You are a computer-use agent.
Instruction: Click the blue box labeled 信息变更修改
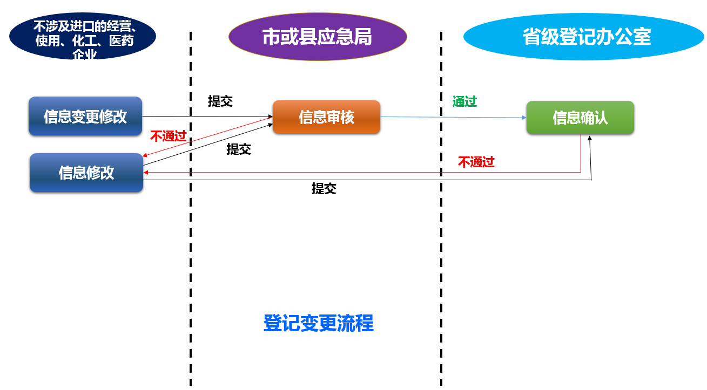(x=85, y=117)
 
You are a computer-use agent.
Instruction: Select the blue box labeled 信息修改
(x=86, y=173)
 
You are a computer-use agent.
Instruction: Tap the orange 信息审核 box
(x=326, y=117)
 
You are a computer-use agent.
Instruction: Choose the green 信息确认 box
(x=580, y=118)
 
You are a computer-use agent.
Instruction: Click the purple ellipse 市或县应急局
(x=318, y=37)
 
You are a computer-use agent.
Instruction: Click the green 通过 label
(x=464, y=101)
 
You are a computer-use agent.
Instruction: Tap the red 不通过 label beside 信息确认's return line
(x=476, y=162)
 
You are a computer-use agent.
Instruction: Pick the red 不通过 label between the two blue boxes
(x=168, y=136)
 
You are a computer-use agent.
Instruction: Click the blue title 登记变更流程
(x=318, y=323)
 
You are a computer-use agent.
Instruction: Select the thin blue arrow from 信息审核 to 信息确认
(x=454, y=117)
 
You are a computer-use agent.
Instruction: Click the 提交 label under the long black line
(x=324, y=189)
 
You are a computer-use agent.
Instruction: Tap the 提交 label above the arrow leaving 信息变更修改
(x=220, y=101)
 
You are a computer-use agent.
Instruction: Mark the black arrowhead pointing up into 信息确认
(x=589, y=138)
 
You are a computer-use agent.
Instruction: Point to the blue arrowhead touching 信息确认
(x=523, y=118)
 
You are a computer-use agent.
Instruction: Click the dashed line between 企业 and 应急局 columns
(x=191, y=243)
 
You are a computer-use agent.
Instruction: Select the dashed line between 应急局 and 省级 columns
(x=441, y=243)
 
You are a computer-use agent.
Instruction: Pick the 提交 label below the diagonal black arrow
(x=239, y=149)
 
